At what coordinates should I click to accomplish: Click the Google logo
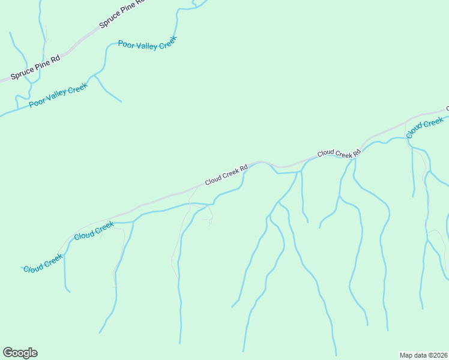pyautogui.click(x=20, y=353)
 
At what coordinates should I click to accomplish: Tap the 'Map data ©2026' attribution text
pyautogui.click(x=423, y=355)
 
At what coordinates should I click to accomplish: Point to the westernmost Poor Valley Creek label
pyautogui.click(x=59, y=95)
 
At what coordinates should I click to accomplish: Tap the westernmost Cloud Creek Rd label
pyautogui.click(x=226, y=175)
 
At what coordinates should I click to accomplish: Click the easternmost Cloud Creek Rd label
pyautogui.click(x=339, y=154)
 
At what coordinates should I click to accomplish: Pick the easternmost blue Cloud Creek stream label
pyautogui.click(x=425, y=128)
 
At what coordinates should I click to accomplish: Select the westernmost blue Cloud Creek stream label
pyautogui.click(x=43, y=263)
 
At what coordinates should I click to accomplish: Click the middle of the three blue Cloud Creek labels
pyautogui.click(x=94, y=231)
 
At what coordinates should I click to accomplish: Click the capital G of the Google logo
pyautogui.click(x=8, y=353)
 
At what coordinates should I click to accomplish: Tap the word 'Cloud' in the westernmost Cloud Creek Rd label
pyautogui.click(x=213, y=179)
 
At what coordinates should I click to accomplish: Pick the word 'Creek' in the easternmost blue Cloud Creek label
pyautogui.click(x=433, y=124)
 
